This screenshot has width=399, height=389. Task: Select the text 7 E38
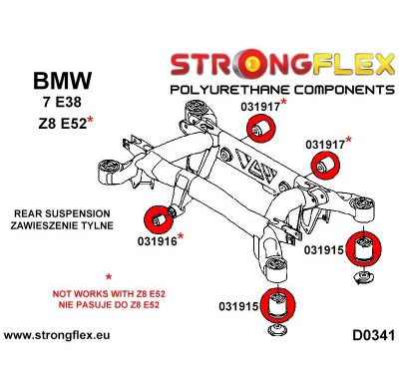(x=59, y=104)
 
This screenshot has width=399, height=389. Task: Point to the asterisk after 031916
(x=180, y=236)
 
